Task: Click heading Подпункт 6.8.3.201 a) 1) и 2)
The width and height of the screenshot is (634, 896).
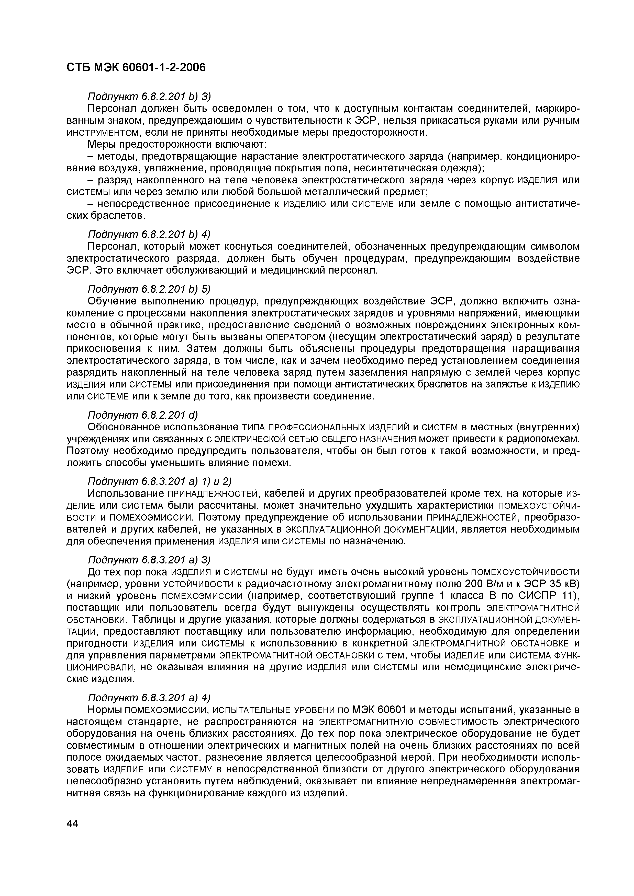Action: pyautogui.click(x=160, y=481)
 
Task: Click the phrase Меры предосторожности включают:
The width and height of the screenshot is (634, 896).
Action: pyautogui.click(x=176, y=144)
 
